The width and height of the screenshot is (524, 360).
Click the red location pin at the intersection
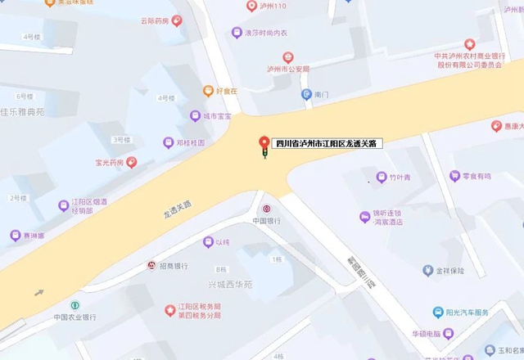click(264, 141)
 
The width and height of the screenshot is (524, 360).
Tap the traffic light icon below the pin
click(264, 154)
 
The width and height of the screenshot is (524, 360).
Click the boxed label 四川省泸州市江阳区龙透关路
click(326, 143)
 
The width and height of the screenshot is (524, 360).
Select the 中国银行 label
click(267, 221)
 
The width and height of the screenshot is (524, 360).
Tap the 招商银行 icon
click(151, 266)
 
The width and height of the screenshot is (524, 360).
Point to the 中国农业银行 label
click(75, 317)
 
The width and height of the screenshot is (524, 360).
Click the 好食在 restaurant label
click(225, 89)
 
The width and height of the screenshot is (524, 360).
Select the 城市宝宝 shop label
click(218, 116)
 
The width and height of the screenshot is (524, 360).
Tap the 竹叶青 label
click(403, 176)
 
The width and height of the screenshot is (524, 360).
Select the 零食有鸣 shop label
click(476, 176)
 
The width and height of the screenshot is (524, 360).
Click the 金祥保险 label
click(449, 270)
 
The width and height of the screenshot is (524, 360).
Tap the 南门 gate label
click(321, 95)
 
